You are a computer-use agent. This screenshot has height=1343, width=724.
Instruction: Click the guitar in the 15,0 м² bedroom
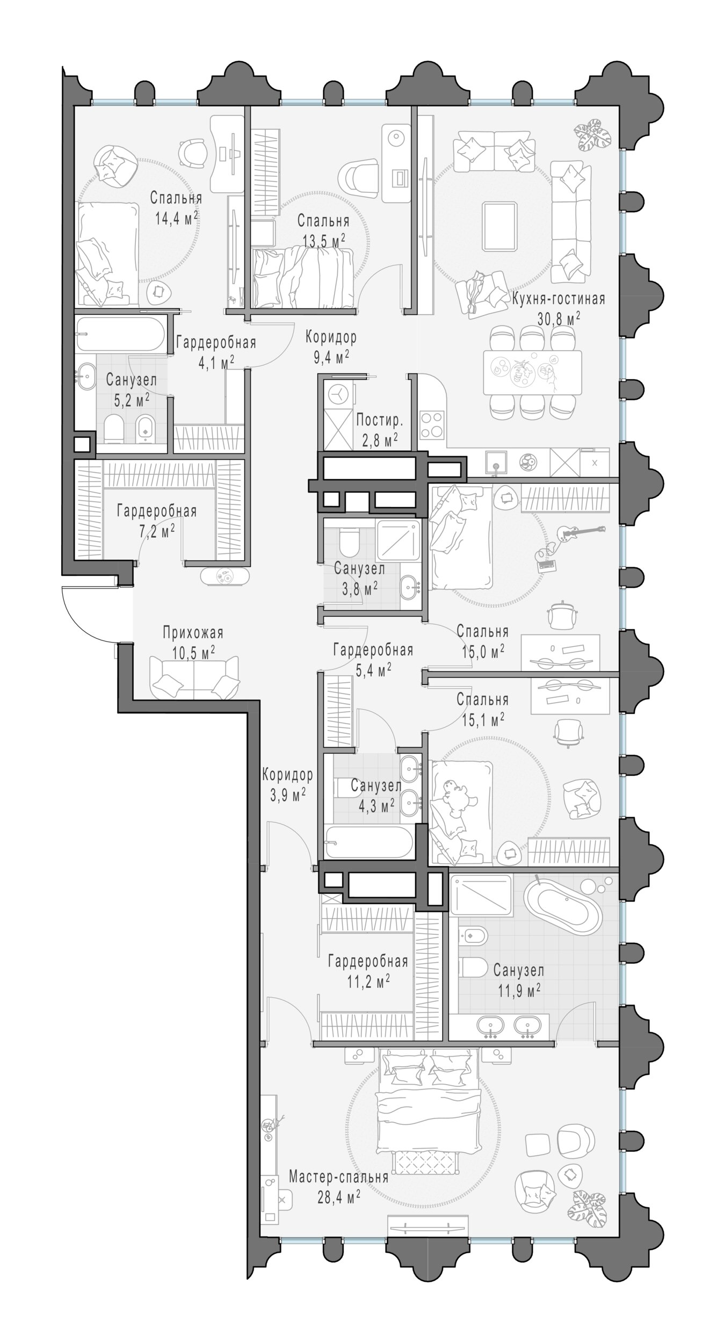581,532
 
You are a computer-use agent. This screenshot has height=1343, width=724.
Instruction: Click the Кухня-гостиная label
559,299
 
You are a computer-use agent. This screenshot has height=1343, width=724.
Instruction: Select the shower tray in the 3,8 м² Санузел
397,539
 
